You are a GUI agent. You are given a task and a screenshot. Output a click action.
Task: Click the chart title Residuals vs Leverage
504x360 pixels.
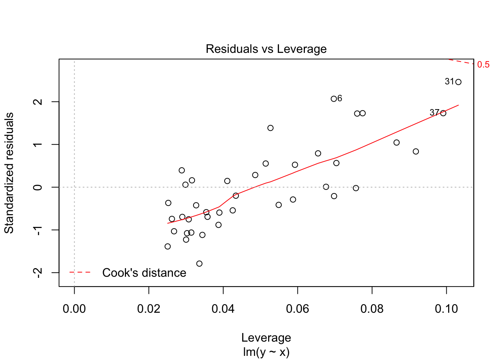click(266, 49)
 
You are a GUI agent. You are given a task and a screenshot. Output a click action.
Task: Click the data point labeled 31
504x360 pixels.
click(458, 82)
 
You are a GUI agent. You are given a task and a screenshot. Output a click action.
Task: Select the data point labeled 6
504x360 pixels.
click(334, 99)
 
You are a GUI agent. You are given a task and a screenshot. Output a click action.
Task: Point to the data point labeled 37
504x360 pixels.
click(443, 113)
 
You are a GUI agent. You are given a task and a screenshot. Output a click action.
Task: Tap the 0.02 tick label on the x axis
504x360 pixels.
click(148, 309)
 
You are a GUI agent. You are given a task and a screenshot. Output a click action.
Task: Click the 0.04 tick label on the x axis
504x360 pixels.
click(223, 309)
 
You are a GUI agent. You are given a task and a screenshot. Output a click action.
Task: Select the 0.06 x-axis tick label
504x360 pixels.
click(297, 309)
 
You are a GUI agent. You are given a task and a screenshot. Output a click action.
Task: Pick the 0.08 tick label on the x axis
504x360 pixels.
click(372, 309)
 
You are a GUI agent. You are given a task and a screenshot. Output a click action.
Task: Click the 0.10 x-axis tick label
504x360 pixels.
click(446, 309)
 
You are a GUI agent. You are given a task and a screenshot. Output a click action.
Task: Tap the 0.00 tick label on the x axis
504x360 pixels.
click(74, 309)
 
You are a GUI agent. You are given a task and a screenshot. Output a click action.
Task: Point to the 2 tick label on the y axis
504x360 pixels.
click(37, 102)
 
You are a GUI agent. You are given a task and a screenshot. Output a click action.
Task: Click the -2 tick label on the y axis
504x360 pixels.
click(37, 273)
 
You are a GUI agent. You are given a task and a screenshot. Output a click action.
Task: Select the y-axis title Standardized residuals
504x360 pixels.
click(9, 173)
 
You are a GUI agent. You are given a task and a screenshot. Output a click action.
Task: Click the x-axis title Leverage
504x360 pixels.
click(266, 338)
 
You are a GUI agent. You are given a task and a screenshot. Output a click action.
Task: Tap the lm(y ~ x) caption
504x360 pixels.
click(266, 352)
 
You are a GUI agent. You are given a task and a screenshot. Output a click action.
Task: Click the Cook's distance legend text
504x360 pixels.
click(144, 273)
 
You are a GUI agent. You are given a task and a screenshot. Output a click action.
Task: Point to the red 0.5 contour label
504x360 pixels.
click(483, 65)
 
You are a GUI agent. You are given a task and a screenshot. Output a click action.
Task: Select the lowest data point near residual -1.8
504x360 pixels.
click(199, 264)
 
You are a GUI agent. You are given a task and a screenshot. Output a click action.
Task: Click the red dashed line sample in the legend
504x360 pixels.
click(80, 272)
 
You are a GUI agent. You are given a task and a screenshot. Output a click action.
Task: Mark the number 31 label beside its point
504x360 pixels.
click(449, 81)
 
